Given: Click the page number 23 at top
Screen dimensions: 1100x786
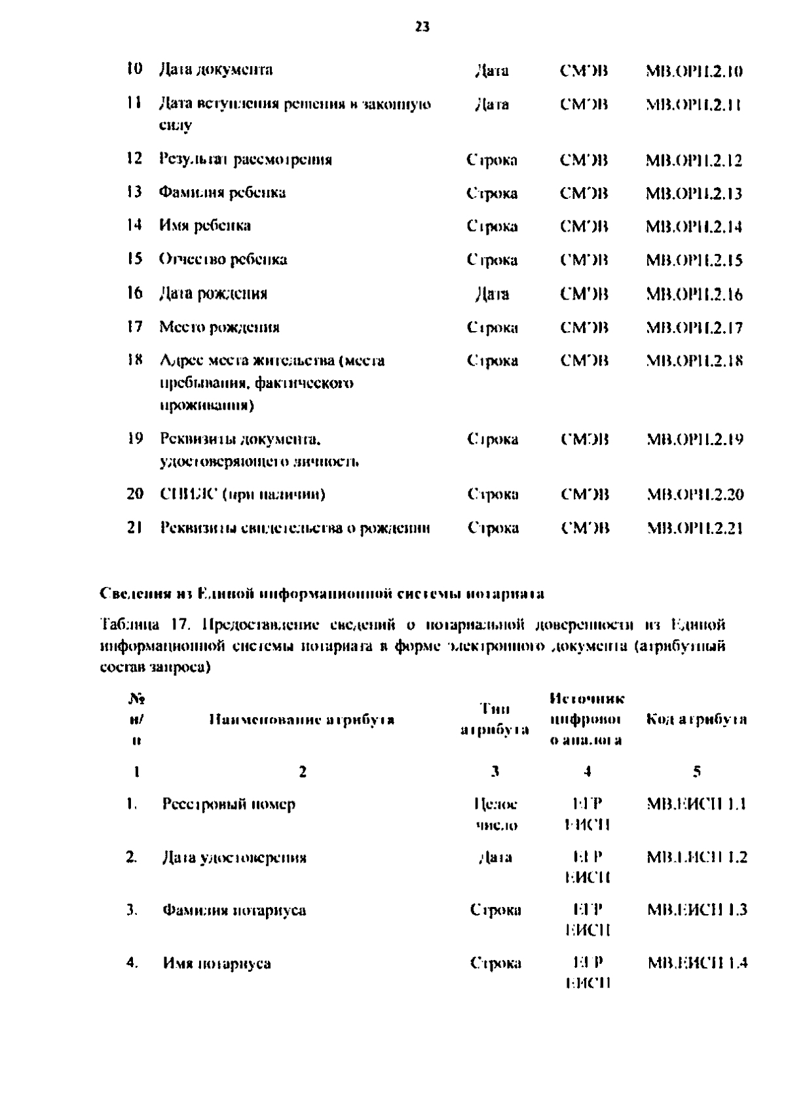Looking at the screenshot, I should [422, 27].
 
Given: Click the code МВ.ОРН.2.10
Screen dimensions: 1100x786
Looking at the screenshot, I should [694, 71].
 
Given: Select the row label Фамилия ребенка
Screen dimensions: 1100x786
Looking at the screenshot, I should [223, 192].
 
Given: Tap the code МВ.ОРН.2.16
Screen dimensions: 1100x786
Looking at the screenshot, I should [694, 294].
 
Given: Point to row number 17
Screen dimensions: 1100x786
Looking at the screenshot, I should [134, 327].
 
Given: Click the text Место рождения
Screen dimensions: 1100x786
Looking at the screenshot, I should [219, 327].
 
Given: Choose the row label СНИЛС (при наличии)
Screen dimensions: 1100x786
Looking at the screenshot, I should [243, 494].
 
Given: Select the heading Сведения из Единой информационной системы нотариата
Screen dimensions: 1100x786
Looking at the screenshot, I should [322, 594].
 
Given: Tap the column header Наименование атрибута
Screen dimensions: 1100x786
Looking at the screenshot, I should [301, 720].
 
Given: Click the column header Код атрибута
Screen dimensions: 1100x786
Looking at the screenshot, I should [696, 720].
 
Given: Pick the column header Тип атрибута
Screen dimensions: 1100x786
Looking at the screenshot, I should [495, 720].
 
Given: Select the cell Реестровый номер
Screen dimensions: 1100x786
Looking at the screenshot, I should [229, 804].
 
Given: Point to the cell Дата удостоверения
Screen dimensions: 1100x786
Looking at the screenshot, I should [234, 858].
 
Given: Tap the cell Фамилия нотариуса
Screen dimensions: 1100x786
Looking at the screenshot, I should [234, 910].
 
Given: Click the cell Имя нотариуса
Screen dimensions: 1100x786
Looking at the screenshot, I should [217, 963].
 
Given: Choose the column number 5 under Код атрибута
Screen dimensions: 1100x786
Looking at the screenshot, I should [697, 772].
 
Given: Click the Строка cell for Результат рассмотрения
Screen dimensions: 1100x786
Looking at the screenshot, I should [492, 160].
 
